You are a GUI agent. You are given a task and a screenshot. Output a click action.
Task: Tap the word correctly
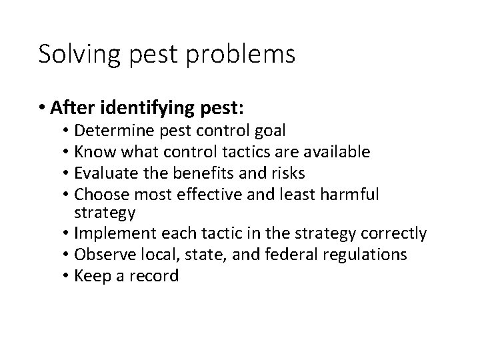pos(393,233)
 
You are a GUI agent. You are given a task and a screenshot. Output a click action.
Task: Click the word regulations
pos(383,254)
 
